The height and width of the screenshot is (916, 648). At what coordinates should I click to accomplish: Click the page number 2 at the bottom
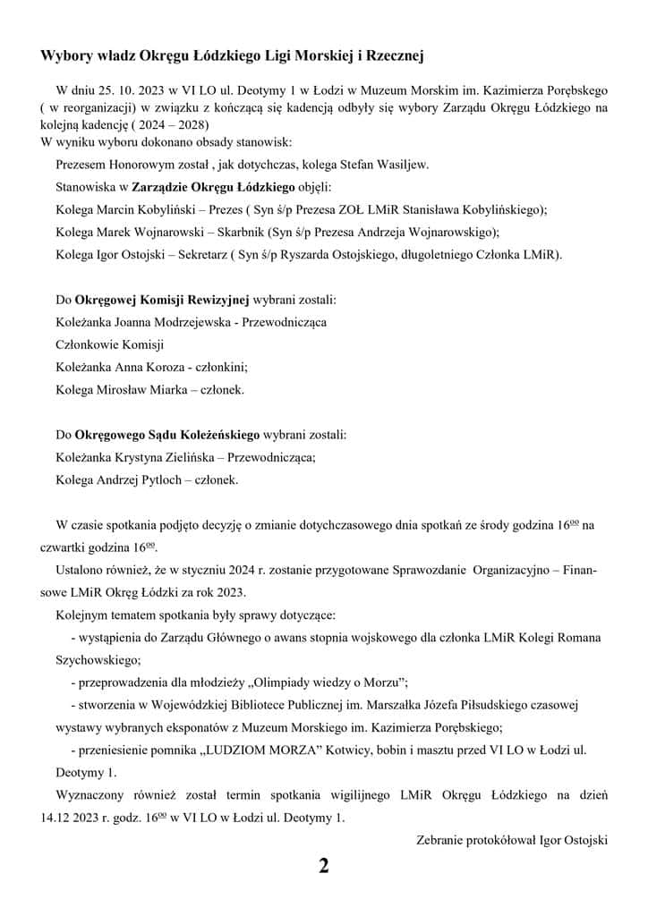[x=324, y=866]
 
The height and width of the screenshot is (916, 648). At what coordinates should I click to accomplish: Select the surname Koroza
[x=162, y=366]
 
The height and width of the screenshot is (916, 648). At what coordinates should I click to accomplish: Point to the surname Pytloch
[x=166, y=480]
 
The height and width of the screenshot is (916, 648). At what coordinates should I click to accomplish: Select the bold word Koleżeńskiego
[x=213, y=435]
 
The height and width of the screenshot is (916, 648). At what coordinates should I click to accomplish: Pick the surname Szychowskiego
[x=96, y=660]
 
